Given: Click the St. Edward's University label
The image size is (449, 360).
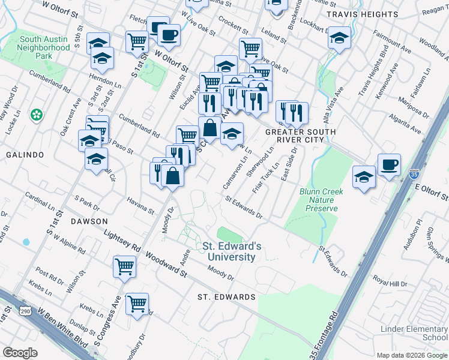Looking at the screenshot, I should [x=232, y=251].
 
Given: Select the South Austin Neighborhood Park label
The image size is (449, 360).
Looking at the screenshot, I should [x=44, y=47].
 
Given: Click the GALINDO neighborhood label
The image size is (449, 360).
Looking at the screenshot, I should [x=25, y=155].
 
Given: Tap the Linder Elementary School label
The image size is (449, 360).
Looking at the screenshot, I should [x=414, y=333].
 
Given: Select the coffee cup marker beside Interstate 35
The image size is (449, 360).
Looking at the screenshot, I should [x=389, y=164].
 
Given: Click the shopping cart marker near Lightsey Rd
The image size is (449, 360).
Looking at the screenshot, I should [x=124, y=265].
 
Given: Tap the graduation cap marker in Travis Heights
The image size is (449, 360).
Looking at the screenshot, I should [x=339, y=37].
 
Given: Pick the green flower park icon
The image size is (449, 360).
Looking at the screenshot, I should [x=37, y=114].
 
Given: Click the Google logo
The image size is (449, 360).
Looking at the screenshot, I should [x=20, y=352].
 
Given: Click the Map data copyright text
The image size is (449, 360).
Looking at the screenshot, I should [x=411, y=355].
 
